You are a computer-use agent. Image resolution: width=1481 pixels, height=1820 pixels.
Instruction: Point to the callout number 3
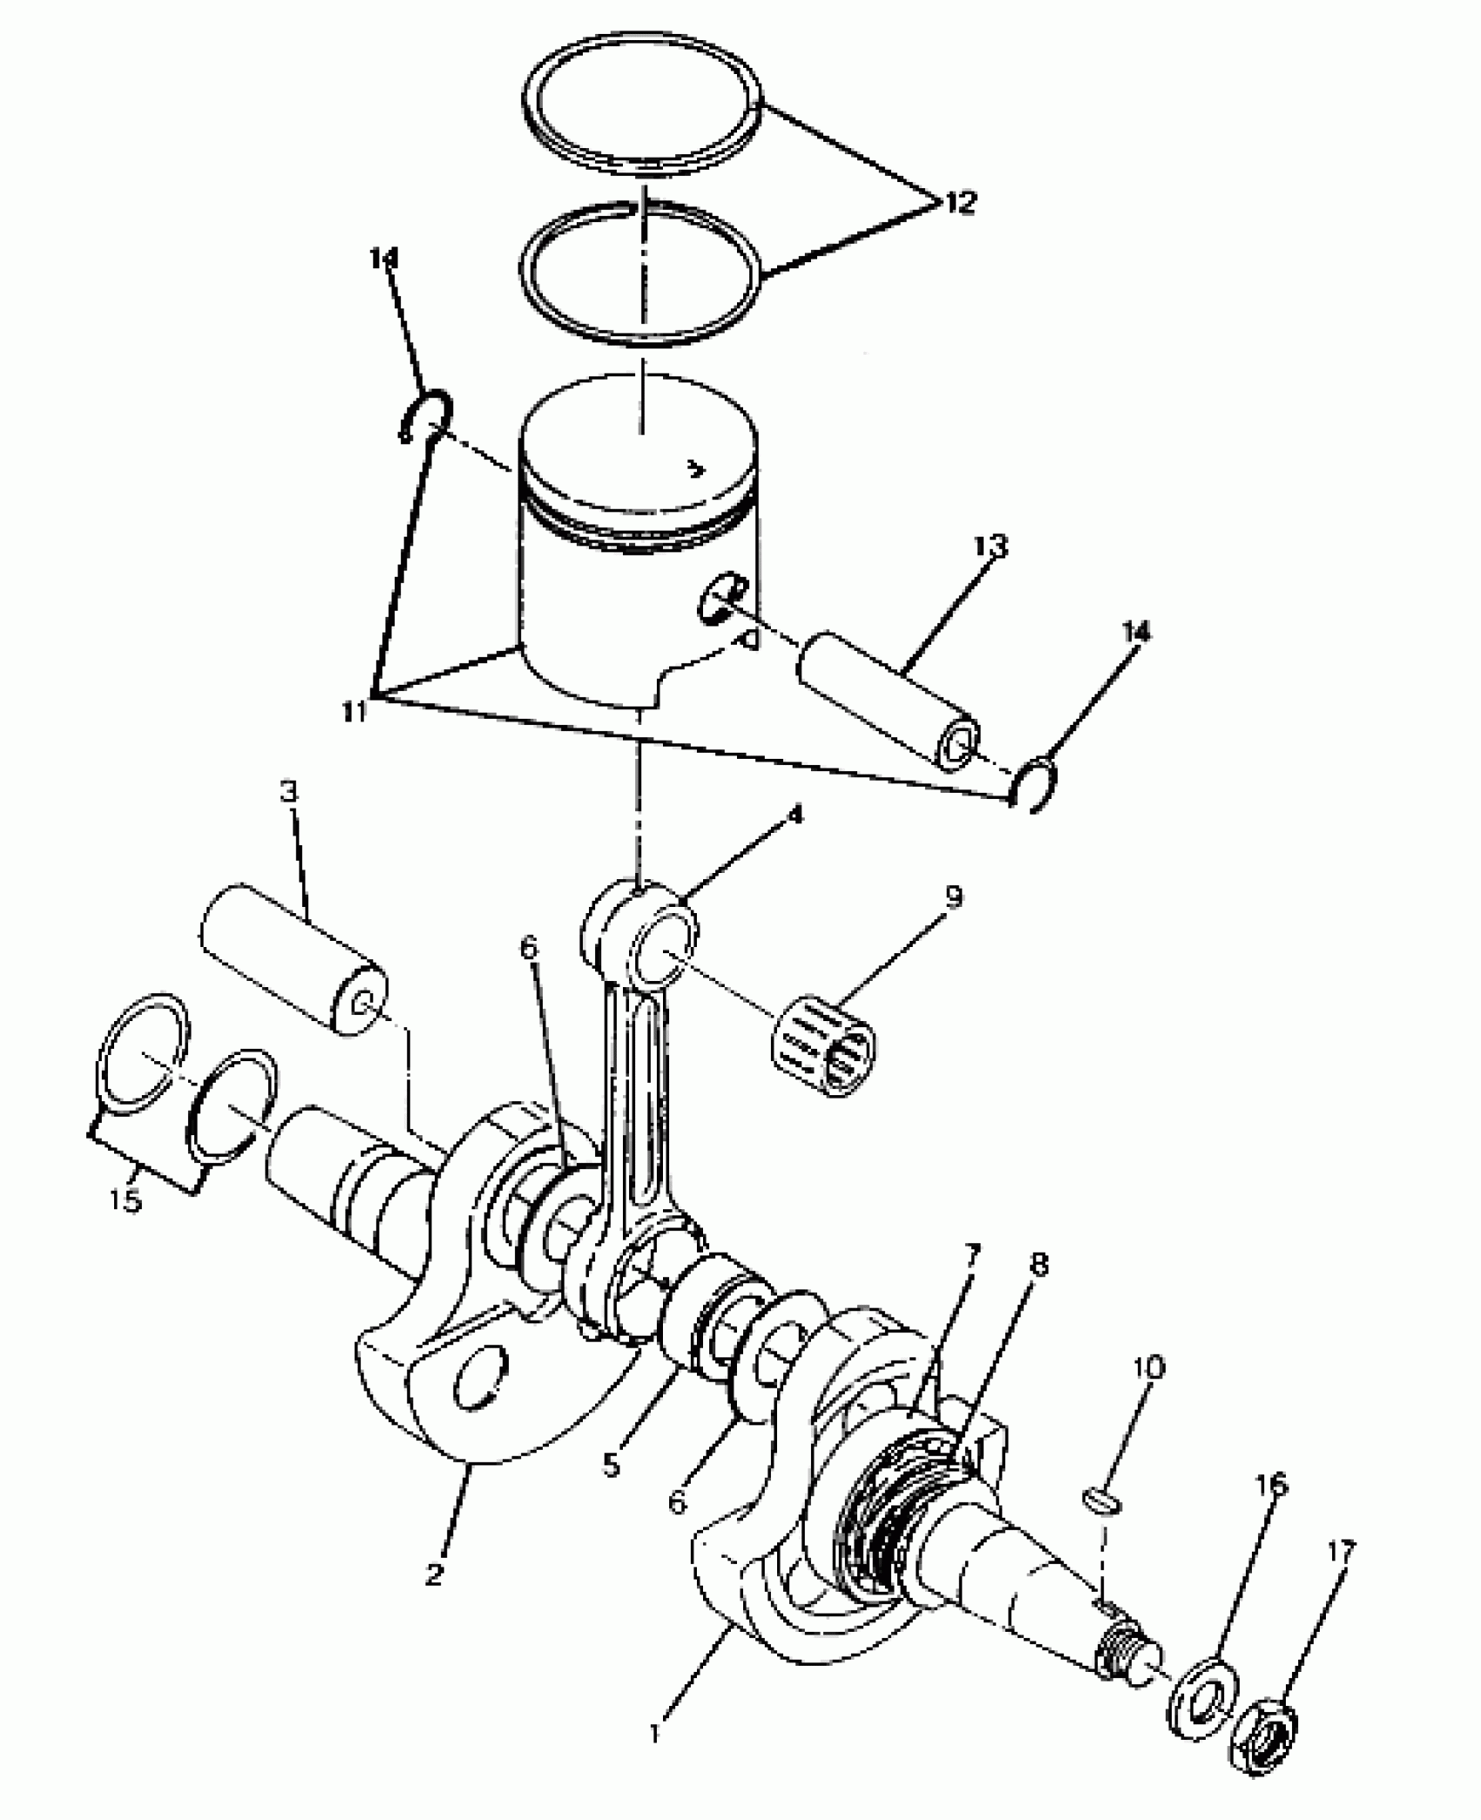288,792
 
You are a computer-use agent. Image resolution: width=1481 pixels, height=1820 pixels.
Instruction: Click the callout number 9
954,896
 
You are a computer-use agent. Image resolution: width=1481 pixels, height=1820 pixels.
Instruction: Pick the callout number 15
125,1200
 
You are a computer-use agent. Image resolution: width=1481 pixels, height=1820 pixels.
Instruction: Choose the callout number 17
1342,1551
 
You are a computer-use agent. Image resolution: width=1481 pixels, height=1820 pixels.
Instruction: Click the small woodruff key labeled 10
1102,1501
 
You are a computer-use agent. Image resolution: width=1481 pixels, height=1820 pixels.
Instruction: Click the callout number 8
1038,1266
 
